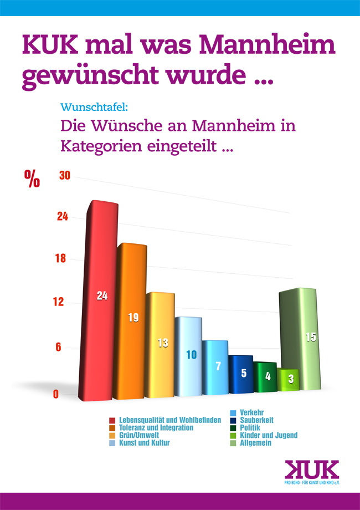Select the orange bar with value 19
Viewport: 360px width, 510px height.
click(132, 322)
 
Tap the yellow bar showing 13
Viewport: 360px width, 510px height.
click(161, 344)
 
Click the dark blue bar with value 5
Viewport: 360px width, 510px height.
click(240, 374)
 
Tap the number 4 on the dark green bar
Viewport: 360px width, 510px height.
click(268, 376)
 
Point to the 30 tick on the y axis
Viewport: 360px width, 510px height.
click(64, 176)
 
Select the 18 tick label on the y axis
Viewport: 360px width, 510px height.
click(62, 258)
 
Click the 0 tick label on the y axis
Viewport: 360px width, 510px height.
click(56, 394)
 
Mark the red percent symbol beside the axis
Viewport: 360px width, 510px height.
click(32, 178)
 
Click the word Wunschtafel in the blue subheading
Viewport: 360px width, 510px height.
click(94, 106)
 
